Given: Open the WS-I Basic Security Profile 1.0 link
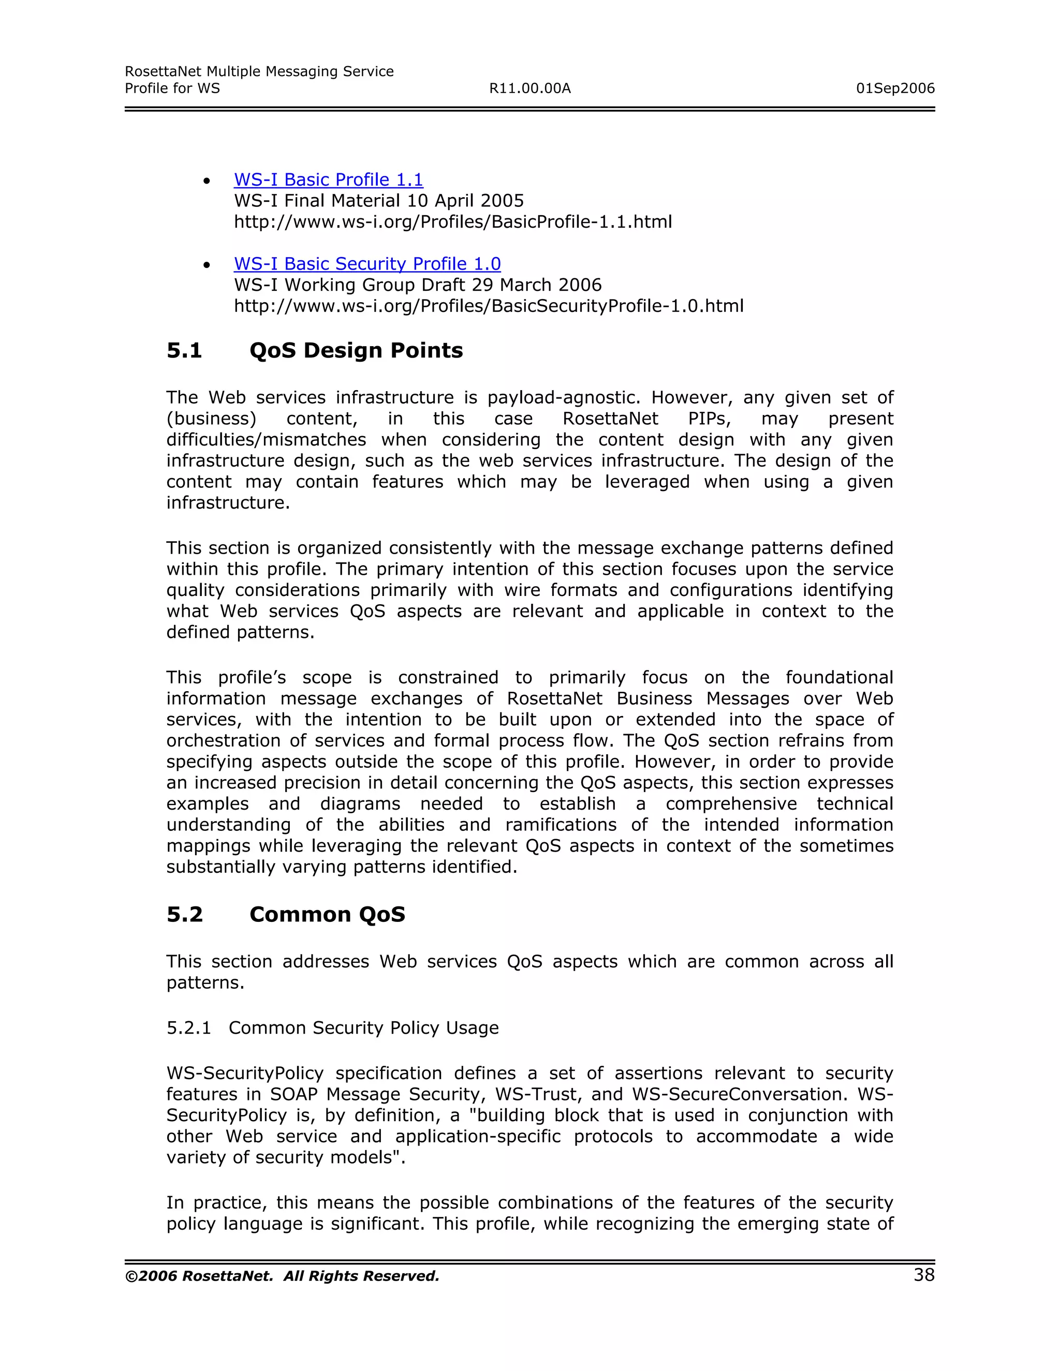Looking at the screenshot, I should pyautogui.click(x=367, y=264).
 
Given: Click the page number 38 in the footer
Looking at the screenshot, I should pyautogui.click(x=924, y=1274).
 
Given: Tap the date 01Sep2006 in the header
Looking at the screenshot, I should pyautogui.click(x=895, y=88).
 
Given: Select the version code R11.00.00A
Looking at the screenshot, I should pyautogui.click(x=529, y=88).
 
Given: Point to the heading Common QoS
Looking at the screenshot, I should pyautogui.click(x=327, y=914).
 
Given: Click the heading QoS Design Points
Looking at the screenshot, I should pyautogui.click(x=356, y=350).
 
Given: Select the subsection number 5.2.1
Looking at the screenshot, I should pyautogui.click(x=188, y=1027).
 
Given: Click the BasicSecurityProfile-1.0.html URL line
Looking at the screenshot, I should pyautogui.click(x=488, y=306).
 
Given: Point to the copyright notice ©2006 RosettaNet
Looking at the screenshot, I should pyautogui.click(x=282, y=1276).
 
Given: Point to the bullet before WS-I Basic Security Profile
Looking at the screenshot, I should pyautogui.click(x=207, y=265).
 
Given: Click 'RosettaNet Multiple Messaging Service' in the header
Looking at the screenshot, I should pyautogui.click(x=259, y=71).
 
